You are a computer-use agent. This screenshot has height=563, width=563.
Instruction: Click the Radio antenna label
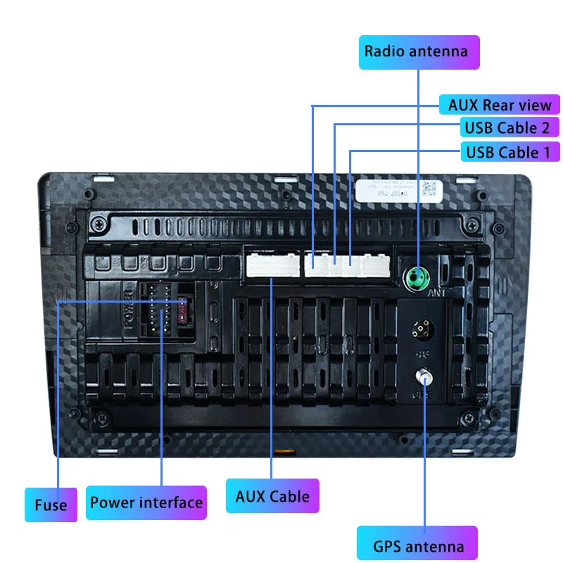[419, 51]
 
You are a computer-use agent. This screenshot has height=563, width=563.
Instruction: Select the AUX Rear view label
[499, 105]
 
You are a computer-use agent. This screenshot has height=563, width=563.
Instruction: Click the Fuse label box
[51, 505]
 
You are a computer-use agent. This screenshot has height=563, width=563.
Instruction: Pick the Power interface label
[146, 502]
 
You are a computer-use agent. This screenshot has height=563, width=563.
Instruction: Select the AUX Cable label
[272, 496]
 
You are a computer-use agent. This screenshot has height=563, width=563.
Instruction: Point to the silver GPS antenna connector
[424, 376]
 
